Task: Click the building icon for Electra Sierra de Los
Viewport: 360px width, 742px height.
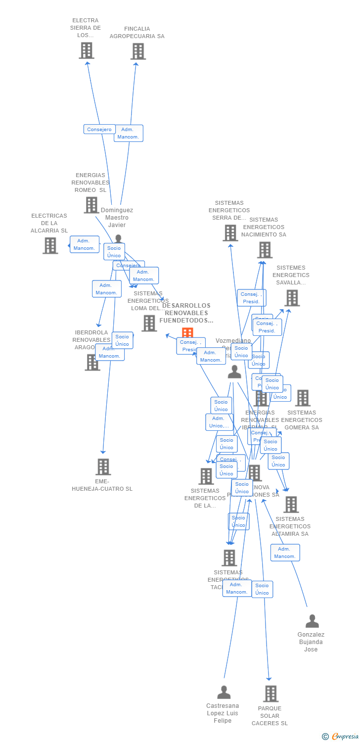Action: point(87,50)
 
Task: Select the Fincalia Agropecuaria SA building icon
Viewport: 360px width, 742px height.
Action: point(138,51)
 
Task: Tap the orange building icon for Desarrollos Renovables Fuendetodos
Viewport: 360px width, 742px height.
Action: point(187,333)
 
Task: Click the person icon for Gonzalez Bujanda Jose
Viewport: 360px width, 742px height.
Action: point(312,621)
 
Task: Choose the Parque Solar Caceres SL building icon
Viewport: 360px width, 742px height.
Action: point(270,694)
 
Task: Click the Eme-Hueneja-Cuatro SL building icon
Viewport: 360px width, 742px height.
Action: point(103,466)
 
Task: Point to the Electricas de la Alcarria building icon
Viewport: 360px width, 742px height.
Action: point(50,245)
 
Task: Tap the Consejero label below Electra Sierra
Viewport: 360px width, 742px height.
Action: point(99,130)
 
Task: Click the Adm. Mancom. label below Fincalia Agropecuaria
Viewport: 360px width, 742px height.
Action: point(129,134)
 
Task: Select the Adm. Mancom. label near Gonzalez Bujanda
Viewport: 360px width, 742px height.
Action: point(285,553)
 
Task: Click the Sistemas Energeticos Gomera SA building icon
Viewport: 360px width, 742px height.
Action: point(302,398)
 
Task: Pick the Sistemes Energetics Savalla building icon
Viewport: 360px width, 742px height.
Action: point(292,298)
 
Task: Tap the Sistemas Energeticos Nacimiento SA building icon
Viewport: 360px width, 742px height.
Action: point(265,250)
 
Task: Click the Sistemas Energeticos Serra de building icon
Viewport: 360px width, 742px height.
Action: point(230,232)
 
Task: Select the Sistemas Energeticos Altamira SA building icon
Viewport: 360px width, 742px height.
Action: point(291,505)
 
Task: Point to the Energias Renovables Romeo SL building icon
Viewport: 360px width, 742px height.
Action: point(91,205)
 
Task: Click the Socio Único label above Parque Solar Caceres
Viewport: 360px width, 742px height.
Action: point(262,589)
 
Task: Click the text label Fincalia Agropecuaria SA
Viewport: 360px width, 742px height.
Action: point(137,33)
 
